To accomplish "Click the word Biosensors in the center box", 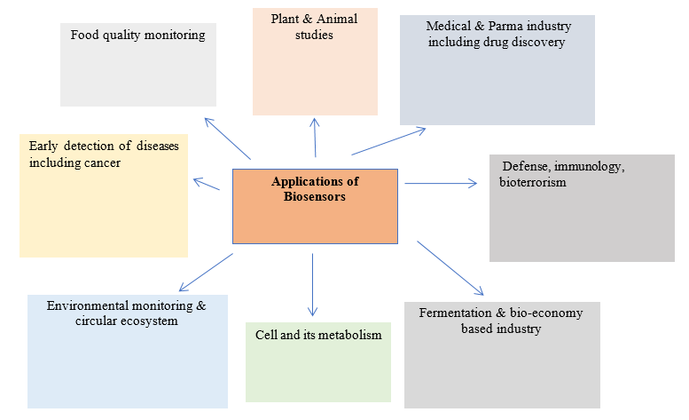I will (x=315, y=196).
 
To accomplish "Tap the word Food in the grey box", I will (x=85, y=36).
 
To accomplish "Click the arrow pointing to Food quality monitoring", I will (x=227, y=138).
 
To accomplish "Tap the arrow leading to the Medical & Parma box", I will (x=388, y=142).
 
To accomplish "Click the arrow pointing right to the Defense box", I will (x=440, y=184).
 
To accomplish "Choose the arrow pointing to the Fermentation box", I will (x=450, y=267).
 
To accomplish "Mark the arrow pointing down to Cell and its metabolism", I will (x=312, y=284).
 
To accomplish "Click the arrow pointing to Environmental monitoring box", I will (x=206, y=273).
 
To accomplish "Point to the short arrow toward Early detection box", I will (x=207, y=184).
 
